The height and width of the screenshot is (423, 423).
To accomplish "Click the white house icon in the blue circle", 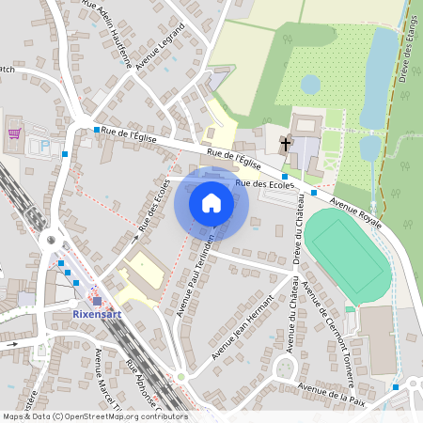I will click(211, 202).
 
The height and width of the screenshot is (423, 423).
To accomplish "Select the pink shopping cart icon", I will click(14, 133).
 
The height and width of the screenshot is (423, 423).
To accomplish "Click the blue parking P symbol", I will click(44, 146).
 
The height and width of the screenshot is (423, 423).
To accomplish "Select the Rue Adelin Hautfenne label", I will click(104, 19).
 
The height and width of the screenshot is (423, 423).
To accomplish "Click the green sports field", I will click(349, 254).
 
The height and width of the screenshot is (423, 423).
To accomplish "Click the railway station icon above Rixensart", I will click(97, 301).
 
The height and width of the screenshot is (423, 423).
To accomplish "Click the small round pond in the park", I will click(310, 85).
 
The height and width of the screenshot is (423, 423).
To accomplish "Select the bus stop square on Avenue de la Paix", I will click(396, 386).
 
